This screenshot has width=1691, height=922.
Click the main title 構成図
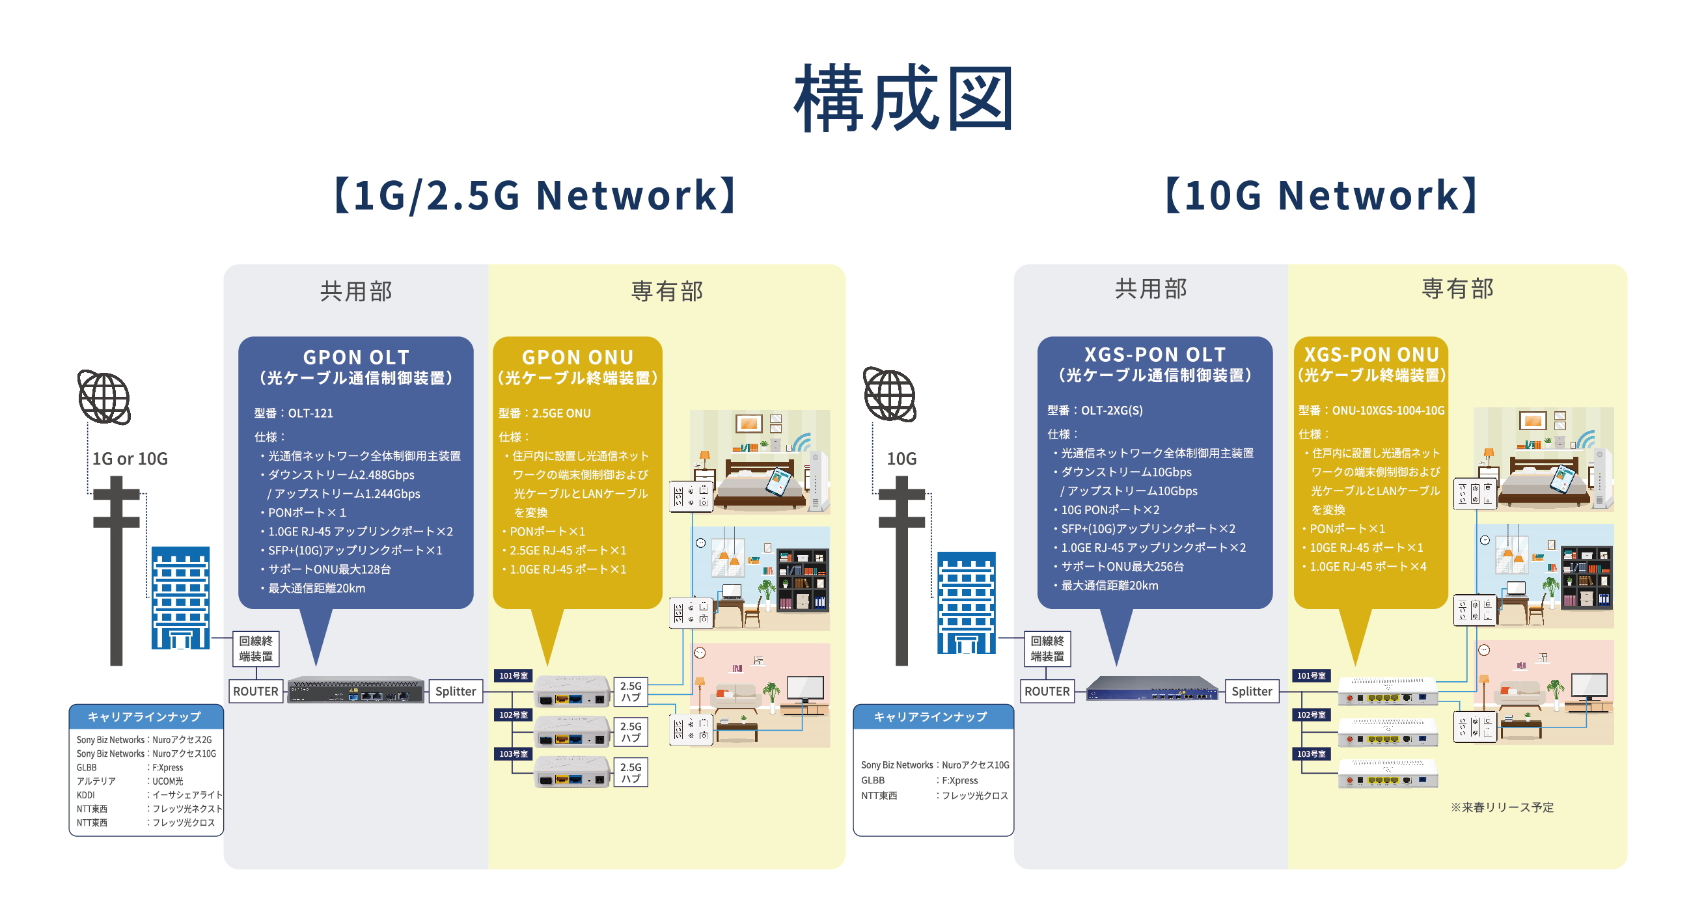coord(904,98)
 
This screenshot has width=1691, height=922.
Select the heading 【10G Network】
coord(1320,195)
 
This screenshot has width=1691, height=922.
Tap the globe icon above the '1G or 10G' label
coord(103,397)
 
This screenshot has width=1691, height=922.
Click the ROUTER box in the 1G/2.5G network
coord(255,691)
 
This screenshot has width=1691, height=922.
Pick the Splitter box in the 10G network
coord(1251,691)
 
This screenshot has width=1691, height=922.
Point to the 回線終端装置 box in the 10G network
coord(1047,648)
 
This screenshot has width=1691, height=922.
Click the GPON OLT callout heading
coord(356,358)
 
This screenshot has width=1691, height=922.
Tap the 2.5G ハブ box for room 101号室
coord(630,692)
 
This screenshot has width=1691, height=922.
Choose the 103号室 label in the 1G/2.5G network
coord(514,754)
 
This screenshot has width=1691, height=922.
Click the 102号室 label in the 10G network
coord(1311,714)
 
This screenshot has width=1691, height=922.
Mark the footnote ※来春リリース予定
coord(1502,807)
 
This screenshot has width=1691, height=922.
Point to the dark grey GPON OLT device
coord(355,690)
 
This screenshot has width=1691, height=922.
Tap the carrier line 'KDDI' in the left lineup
coord(86,794)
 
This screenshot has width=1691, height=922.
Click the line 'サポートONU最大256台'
coord(1122,566)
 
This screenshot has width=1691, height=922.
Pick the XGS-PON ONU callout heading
coord(1371,355)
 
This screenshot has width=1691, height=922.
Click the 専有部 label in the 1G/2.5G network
coord(667,291)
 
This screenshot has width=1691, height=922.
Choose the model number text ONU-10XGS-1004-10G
coord(1388,411)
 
